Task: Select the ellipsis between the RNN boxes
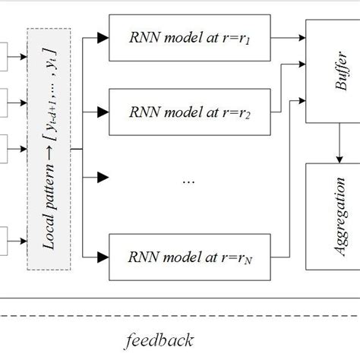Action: tap(190, 181)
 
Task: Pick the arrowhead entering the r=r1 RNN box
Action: tap(103, 36)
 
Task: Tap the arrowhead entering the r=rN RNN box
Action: tap(103, 259)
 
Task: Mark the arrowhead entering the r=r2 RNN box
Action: tap(103, 111)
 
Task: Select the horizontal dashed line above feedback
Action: tap(180, 315)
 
